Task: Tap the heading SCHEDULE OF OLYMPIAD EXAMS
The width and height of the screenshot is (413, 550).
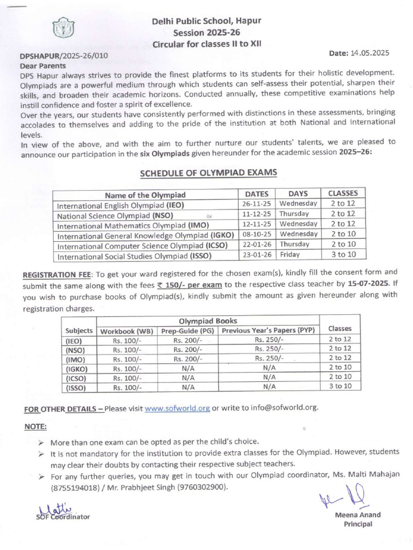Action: [x=209, y=173]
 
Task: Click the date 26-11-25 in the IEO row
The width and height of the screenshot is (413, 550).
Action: [x=257, y=204]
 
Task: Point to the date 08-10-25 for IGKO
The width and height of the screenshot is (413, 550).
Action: [x=257, y=234]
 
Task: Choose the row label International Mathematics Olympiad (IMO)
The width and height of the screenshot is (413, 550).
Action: [x=133, y=225]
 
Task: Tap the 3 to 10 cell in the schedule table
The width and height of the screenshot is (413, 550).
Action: [x=343, y=255]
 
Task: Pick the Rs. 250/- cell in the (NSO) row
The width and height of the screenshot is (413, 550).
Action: [x=269, y=349]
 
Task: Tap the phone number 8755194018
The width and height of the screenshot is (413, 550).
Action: [x=74, y=488]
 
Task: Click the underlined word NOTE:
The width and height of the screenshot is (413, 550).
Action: [x=35, y=426]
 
